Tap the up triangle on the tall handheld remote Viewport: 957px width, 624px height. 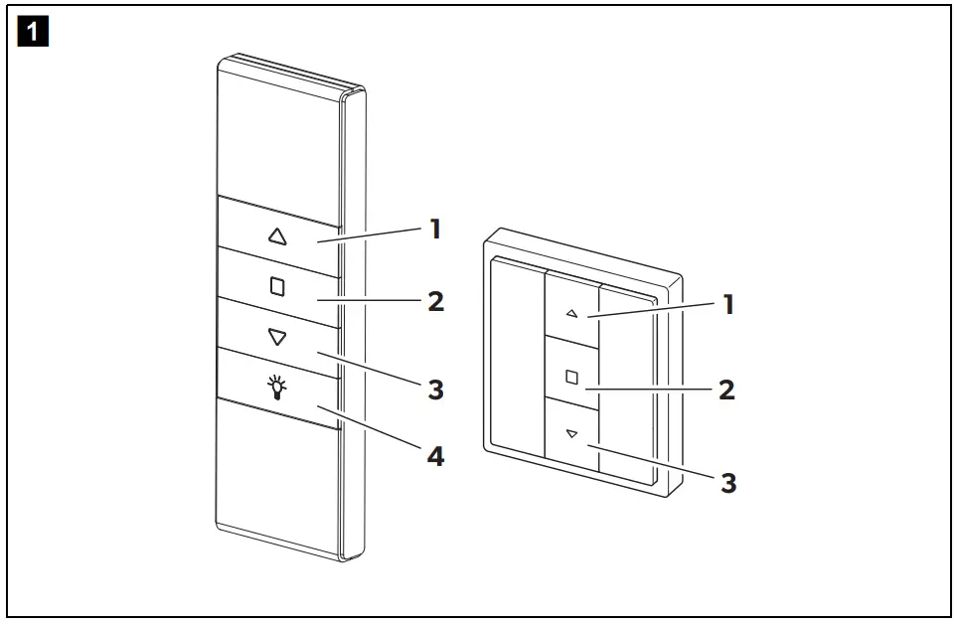(x=277, y=236)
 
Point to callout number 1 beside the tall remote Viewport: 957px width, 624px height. (x=434, y=230)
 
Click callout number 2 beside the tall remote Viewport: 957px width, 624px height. (x=435, y=301)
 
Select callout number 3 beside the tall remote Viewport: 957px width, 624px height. (x=435, y=390)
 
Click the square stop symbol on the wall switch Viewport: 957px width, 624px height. (x=570, y=377)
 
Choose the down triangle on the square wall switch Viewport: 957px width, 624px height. (x=570, y=434)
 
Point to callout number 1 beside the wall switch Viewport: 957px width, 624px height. (x=727, y=304)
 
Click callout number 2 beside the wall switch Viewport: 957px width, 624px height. (x=727, y=390)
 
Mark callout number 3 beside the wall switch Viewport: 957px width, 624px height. (x=728, y=483)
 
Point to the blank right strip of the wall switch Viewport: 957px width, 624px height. (x=626, y=388)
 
